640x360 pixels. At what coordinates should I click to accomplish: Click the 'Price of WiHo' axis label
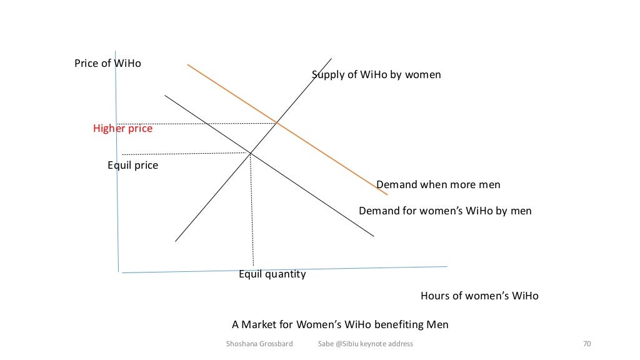click(107, 64)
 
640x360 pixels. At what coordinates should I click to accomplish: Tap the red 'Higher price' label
click(122, 129)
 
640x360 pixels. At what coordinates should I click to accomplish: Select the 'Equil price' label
click(132, 166)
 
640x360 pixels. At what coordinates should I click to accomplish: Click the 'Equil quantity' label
click(272, 274)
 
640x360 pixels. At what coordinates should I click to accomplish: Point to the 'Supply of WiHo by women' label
click(376, 75)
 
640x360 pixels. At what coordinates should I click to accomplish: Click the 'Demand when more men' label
click(438, 185)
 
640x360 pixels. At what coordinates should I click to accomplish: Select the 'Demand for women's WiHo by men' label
click(445, 211)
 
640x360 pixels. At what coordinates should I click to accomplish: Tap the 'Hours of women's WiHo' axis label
click(479, 296)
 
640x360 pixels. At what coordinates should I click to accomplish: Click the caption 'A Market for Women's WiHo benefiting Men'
click(340, 325)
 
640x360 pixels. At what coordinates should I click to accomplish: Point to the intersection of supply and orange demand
click(277, 123)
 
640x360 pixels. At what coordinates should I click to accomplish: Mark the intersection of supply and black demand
click(250, 153)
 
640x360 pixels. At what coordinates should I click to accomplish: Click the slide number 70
click(586, 344)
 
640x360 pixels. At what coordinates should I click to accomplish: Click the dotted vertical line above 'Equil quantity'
click(252, 212)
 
